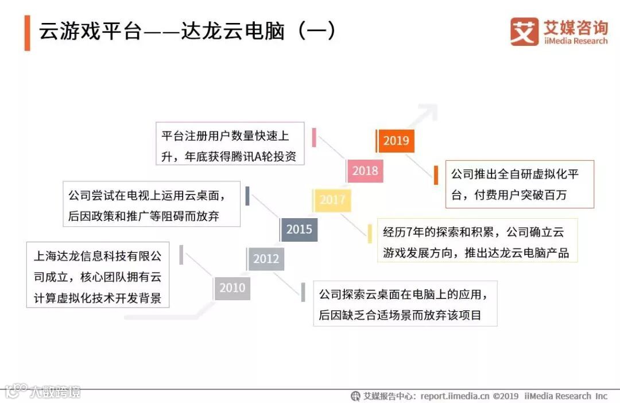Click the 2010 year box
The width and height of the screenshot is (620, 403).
coord(232,288)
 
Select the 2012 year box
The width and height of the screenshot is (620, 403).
coord(266,259)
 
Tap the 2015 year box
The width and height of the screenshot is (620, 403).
coord(299,230)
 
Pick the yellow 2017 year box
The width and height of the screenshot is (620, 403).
coord(332,200)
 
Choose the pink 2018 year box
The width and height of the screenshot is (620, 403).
coord(365,170)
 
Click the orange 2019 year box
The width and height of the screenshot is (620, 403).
coord(396,141)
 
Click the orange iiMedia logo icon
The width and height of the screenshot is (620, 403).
coord(524,32)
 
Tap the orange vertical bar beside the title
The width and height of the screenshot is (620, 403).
coord(27,33)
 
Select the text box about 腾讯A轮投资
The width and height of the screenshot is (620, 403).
coord(230,144)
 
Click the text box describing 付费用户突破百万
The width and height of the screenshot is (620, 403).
coord(520,184)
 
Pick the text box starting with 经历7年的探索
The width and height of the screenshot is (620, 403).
coord(477,241)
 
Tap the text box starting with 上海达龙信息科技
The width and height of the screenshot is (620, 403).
coord(98,274)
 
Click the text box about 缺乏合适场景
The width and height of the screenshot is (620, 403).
coord(405,304)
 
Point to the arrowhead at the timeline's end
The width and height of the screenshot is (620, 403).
coord(428,111)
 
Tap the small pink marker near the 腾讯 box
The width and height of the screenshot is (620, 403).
coord(315,138)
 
